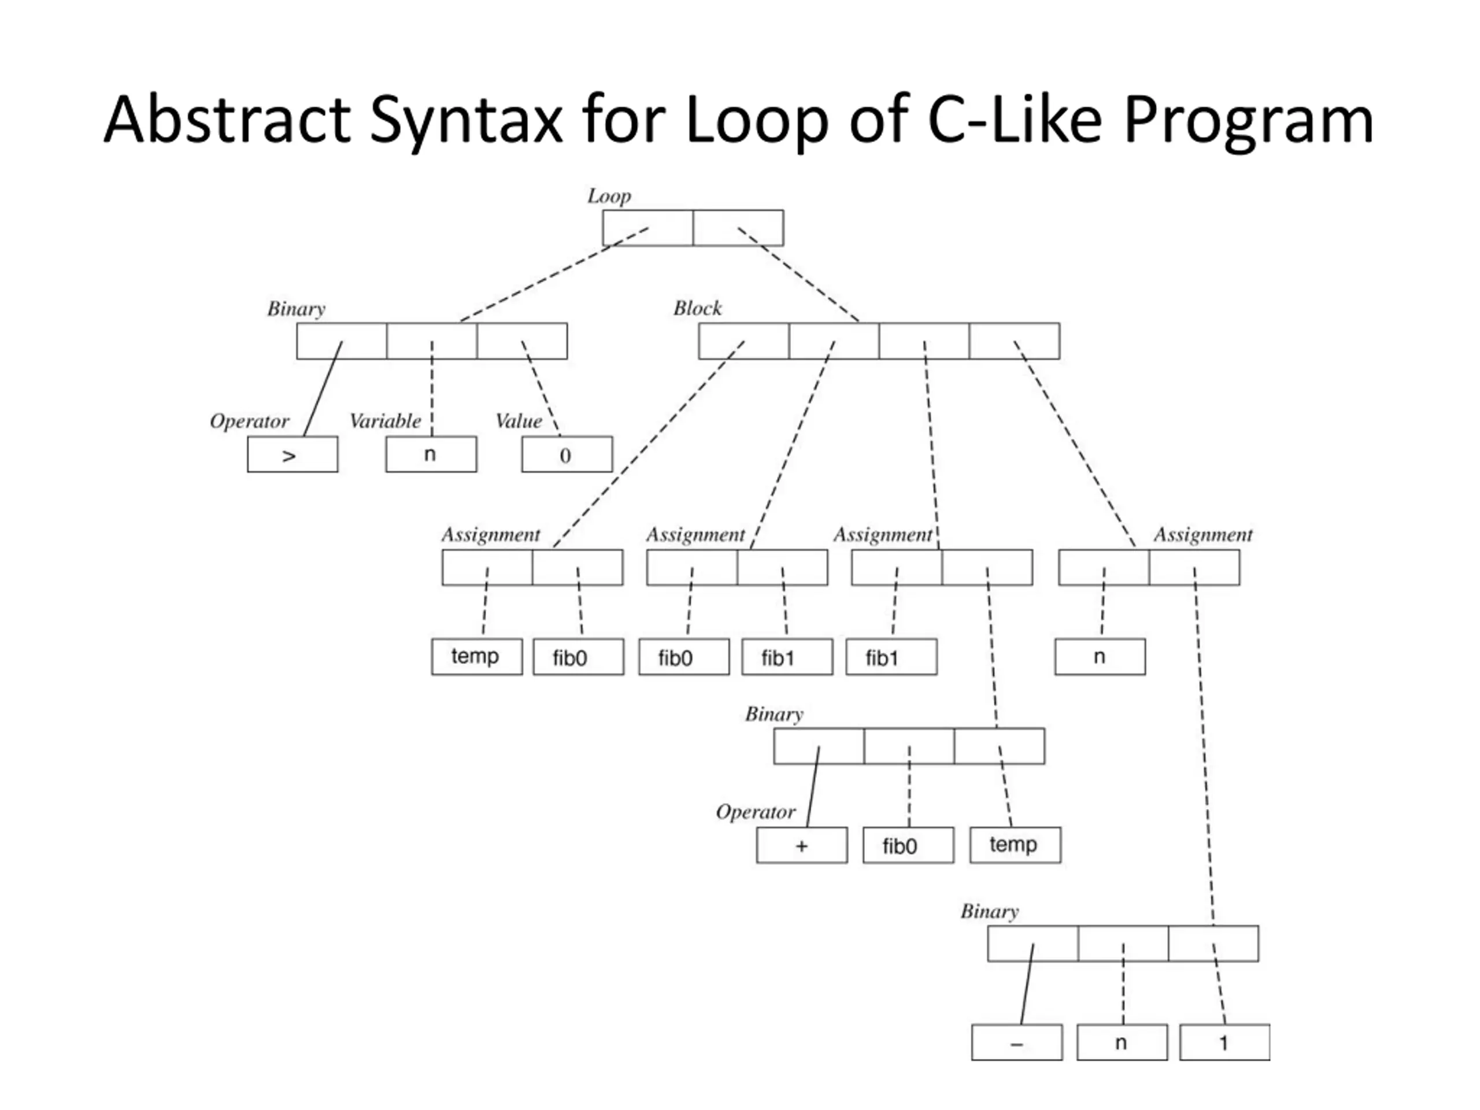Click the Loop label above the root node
609,197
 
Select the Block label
697,309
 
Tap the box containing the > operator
293,455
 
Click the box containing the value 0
567,455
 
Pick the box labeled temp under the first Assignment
477,657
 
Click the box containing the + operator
801,846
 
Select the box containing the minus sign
1017,1042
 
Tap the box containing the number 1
1224,1042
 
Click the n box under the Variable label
431,455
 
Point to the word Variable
386,421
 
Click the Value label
519,421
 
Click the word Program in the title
1249,120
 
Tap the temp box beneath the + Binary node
1015,846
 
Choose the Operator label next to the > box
249,421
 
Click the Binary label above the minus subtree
990,912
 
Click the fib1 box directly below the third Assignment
891,657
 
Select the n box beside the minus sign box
1122,1042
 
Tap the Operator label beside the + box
756,812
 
